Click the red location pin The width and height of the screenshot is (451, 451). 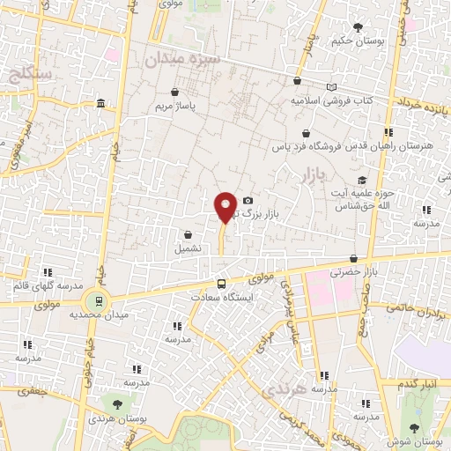pyautogui.click(x=225, y=207)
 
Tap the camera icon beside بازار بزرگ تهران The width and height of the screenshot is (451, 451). pyautogui.click(x=248, y=201)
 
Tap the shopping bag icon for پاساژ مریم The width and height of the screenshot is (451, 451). pyautogui.click(x=174, y=92)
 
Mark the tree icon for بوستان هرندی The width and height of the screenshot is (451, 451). pyautogui.click(x=116, y=403)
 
